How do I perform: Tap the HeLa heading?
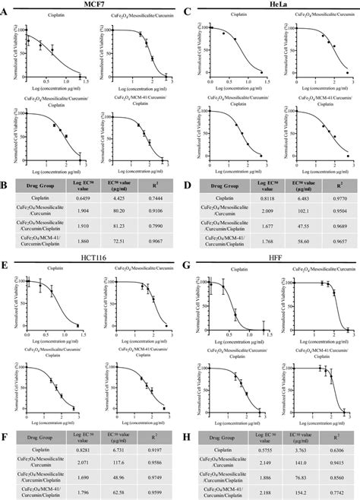pyautogui.click(x=269, y=5)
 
